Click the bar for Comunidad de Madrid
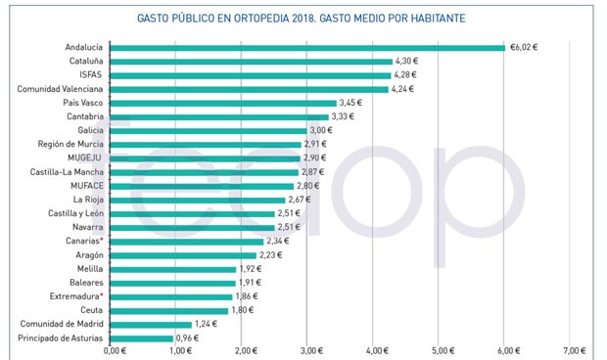(151, 324)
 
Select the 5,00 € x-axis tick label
(443, 350)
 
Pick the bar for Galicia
(208, 130)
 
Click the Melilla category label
(87, 268)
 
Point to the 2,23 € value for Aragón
(271, 254)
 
